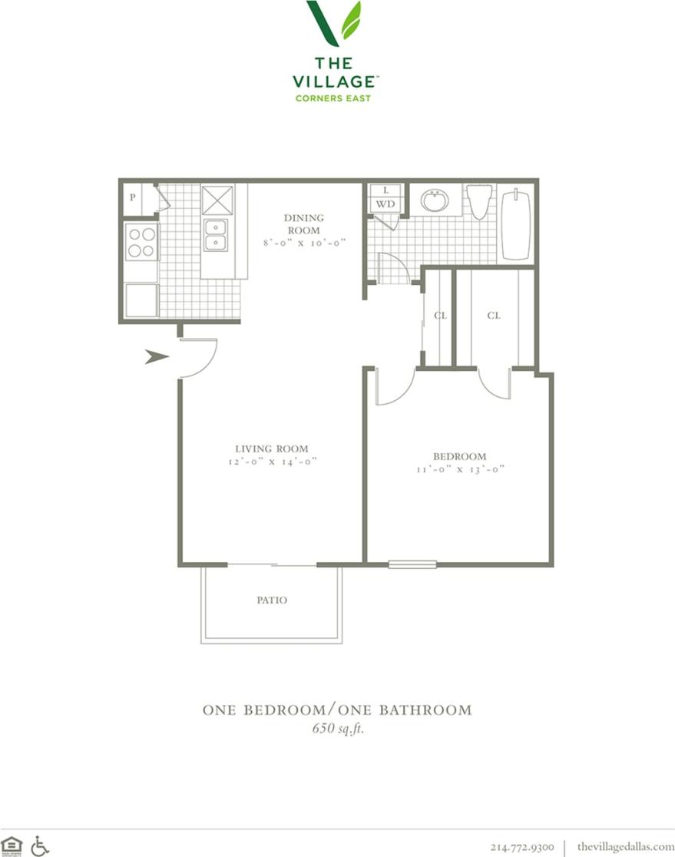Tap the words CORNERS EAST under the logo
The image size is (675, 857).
(333, 98)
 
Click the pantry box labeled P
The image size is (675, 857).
(133, 197)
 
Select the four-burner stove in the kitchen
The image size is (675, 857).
(141, 241)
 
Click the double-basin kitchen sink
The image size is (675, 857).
(215, 235)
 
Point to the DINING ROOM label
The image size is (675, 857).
(304, 223)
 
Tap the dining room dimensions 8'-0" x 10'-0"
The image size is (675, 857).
(304, 242)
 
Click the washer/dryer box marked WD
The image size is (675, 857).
(385, 204)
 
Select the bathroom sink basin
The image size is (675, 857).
(435, 200)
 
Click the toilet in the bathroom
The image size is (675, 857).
(479, 200)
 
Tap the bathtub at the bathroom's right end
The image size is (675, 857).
(516, 224)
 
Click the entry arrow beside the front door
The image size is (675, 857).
(157, 356)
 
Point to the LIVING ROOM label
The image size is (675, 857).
(272, 449)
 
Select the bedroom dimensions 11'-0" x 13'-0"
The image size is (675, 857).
(458, 469)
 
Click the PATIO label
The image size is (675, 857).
(272, 600)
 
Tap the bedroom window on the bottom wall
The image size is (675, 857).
(412, 564)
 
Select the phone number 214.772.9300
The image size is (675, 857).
(522, 846)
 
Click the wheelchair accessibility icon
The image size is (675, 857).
(40, 845)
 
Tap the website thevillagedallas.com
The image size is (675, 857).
(625, 846)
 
